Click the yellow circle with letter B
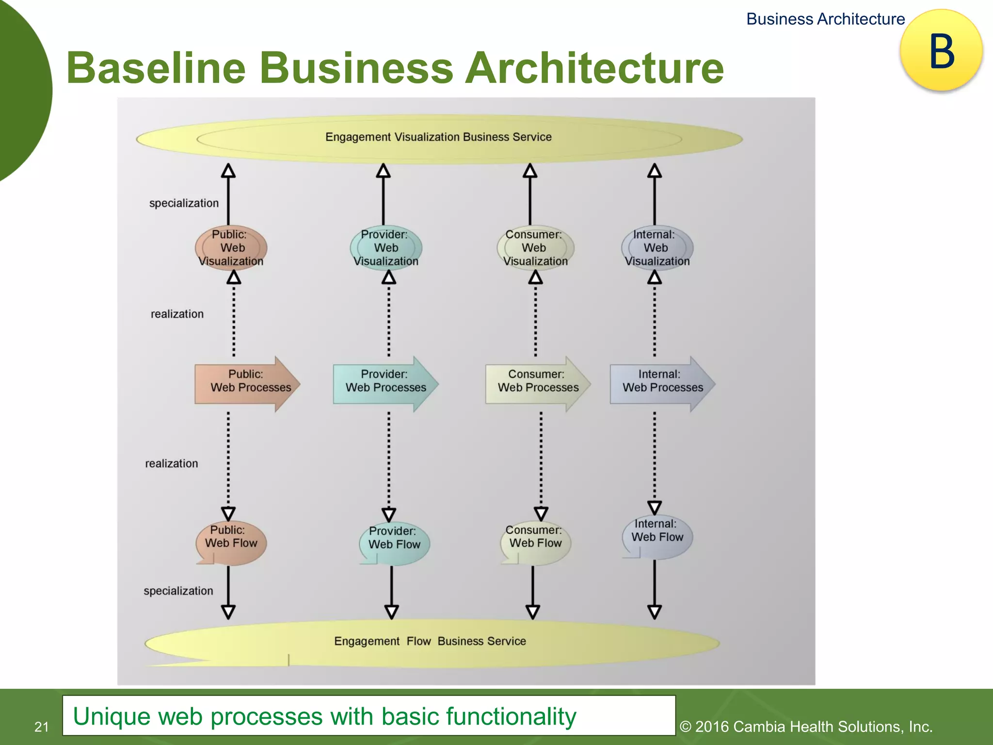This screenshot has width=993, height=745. pyautogui.click(x=941, y=50)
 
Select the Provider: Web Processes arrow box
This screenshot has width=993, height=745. pyautogui.click(x=385, y=384)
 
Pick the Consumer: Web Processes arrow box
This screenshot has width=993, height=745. pyautogui.click(x=537, y=384)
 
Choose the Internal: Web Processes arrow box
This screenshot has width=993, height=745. pyautogui.click(x=661, y=384)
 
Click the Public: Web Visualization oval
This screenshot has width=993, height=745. pyautogui.click(x=231, y=248)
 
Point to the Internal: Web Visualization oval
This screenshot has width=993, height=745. pyautogui.click(x=657, y=248)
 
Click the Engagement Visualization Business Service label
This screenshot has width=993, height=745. pyautogui.click(x=438, y=137)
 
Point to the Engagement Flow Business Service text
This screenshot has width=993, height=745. pyautogui.click(x=430, y=641)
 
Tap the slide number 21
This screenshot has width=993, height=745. pyautogui.click(x=42, y=727)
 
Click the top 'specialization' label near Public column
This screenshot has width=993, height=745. pyautogui.click(x=184, y=203)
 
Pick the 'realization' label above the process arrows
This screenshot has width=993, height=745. pyautogui.click(x=177, y=314)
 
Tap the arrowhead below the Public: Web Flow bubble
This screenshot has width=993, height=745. pyautogui.click(x=228, y=612)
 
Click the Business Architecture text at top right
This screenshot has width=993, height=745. pyautogui.click(x=825, y=19)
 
